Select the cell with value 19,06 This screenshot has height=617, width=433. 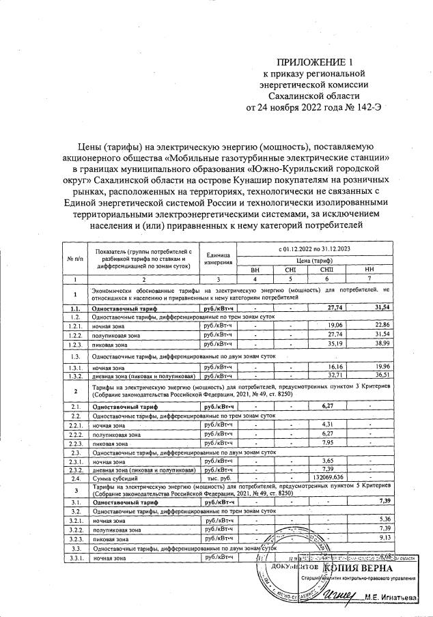click(335, 324)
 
